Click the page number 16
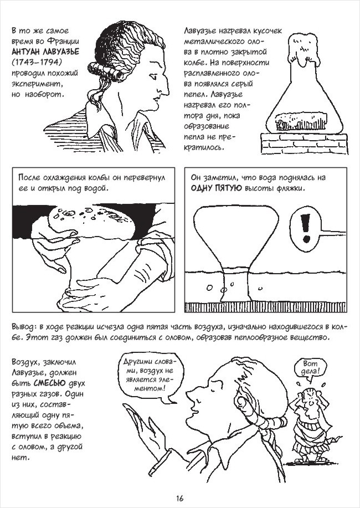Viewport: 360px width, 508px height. (180, 497)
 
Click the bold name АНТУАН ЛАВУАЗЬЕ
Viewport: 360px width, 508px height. (45, 52)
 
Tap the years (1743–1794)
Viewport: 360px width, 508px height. (37, 62)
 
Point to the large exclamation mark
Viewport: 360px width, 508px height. (305, 228)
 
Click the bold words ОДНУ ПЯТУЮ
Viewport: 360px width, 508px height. (216, 188)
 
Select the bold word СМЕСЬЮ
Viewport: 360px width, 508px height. (49, 383)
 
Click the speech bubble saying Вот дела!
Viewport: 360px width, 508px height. (310, 368)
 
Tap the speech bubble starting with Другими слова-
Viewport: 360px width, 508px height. (150, 376)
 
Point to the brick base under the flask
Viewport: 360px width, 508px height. (304, 143)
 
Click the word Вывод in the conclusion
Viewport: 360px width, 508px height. (22, 327)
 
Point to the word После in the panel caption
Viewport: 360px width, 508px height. (29, 177)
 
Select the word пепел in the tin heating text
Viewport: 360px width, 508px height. (196, 95)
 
